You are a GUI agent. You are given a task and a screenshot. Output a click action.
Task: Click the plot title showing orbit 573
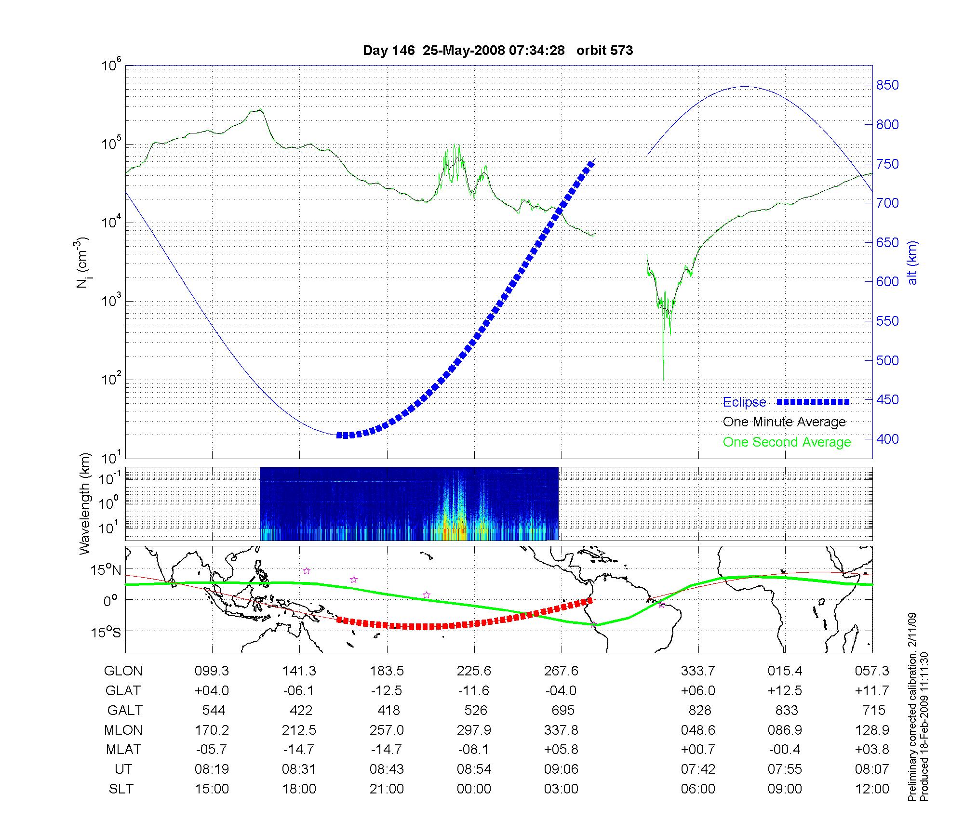[x=497, y=51]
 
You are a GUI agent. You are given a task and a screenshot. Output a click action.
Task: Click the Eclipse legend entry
[x=744, y=402]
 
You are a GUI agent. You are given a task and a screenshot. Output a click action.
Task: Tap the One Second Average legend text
[x=787, y=442]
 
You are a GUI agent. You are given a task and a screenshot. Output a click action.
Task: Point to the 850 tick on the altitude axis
[x=887, y=85]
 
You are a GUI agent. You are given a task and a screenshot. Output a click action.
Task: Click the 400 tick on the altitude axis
[x=887, y=439]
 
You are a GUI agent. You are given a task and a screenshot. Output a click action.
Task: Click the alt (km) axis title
[x=912, y=263]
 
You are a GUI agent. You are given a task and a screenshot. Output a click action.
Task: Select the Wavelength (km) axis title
[x=85, y=503]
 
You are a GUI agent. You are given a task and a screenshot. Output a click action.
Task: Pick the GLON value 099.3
[x=212, y=671]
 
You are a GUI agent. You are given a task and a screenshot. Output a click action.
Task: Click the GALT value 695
[x=562, y=711]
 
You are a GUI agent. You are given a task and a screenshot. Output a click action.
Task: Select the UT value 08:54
[x=474, y=769]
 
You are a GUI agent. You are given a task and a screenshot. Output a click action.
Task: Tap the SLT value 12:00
[x=872, y=789]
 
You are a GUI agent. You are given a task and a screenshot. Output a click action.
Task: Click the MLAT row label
[x=123, y=750]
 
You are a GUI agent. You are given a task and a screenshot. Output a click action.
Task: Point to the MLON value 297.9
[x=474, y=730]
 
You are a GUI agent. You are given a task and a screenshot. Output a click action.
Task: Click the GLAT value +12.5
[x=785, y=691]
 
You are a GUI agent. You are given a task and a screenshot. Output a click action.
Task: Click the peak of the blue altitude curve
[x=745, y=87]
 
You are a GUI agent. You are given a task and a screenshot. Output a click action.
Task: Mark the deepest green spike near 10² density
[x=664, y=379]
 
